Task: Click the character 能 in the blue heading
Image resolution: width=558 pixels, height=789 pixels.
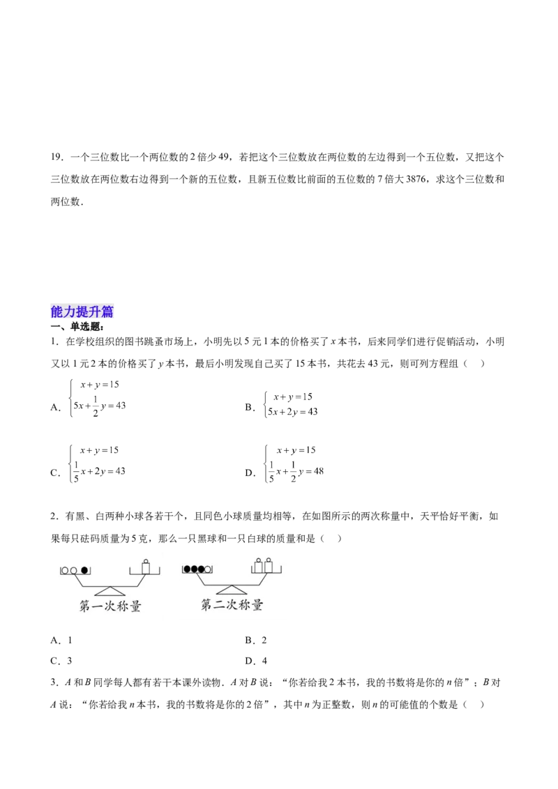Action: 57,312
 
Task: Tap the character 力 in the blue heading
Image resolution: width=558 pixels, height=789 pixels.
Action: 70,312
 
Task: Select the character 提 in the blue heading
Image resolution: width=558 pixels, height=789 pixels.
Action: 82,312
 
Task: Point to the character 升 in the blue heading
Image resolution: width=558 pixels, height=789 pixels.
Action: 95,312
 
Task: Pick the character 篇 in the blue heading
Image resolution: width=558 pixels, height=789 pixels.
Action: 107,312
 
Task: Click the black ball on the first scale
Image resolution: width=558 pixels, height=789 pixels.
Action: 85,570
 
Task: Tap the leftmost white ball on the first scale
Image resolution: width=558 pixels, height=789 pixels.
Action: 66,570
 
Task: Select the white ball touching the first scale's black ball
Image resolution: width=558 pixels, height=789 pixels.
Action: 74,570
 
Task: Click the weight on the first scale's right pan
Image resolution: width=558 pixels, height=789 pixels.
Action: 146,567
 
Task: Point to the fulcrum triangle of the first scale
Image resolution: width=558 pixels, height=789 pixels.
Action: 110,590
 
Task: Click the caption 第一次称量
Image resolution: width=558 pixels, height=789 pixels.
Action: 110,606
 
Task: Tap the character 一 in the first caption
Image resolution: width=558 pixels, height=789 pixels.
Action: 98,606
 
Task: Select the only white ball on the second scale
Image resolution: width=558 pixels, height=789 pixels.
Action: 208,569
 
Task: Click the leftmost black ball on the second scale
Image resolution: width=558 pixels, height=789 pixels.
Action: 187,569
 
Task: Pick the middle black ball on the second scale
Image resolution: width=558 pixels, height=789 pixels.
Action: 194,569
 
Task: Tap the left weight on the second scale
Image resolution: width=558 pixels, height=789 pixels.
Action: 259,565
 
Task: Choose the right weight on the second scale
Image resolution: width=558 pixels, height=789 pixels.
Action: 268,565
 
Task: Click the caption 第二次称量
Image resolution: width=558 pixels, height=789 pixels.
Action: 232,605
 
